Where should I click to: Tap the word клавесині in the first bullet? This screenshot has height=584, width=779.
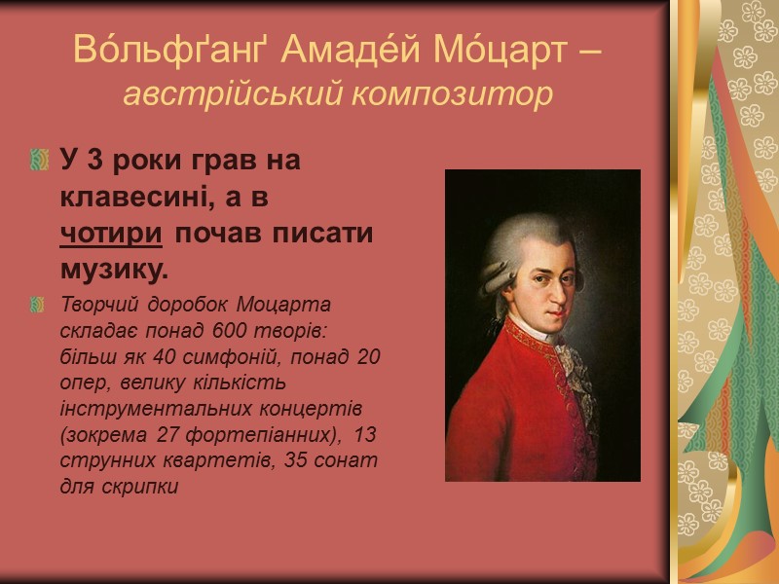[133, 197]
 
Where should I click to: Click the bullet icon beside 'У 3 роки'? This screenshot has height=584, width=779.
[39, 159]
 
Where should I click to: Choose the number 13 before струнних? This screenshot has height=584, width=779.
[367, 432]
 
